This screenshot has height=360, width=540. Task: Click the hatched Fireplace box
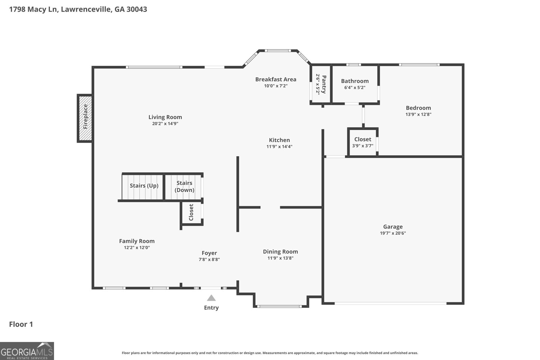[x=85, y=118]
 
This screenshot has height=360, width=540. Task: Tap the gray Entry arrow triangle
[x=211, y=298]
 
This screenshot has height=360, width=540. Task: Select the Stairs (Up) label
[x=144, y=186]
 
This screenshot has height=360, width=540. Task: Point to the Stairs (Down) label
[x=184, y=187]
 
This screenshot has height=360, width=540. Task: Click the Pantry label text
[x=324, y=84]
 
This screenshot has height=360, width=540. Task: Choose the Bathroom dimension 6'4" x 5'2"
[x=355, y=87]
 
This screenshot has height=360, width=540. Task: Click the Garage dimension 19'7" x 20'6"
[x=393, y=233]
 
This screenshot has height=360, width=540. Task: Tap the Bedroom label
[x=418, y=108]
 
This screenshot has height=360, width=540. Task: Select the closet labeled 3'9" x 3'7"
[x=363, y=142]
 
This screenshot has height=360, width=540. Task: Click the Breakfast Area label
[x=276, y=79]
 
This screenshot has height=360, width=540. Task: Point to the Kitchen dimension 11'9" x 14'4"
[x=279, y=146]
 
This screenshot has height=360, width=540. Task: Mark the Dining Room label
[x=280, y=252]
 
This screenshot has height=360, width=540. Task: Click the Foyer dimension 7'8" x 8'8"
[x=209, y=259]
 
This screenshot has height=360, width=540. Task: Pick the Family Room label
[x=137, y=241]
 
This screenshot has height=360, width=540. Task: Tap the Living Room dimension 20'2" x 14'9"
[x=165, y=123]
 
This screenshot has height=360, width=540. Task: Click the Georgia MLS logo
[x=27, y=351]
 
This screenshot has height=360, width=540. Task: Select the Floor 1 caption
[x=21, y=324]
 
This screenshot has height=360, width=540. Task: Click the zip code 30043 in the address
[x=137, y=9]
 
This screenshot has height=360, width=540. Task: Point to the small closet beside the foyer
[x=192, y=213]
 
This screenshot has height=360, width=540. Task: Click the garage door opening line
[x=390, y=303]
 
